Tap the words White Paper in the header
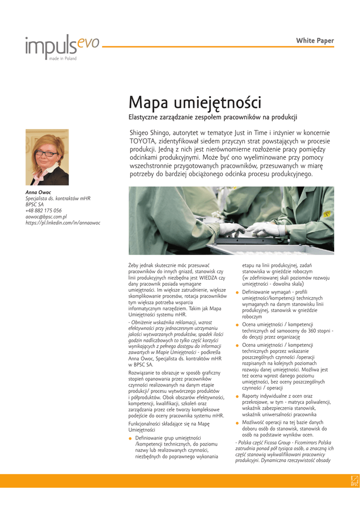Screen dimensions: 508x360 (x=315, y=41)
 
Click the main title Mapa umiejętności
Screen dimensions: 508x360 (x=195, y=103)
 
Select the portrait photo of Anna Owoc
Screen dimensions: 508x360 (x=47, y=157)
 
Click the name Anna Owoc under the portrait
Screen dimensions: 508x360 (x=38, y=192)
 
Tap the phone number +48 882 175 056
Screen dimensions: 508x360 (x=44, y=210)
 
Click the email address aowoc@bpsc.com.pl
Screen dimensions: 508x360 (x=46, y=217)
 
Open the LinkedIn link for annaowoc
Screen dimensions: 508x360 (x=63, y=223)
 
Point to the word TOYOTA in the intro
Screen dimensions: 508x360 (x=144, y=141)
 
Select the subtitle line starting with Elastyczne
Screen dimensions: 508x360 (x=213, y=117)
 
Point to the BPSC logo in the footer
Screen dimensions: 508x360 (x=354, y=480)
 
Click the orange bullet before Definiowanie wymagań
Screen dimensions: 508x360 (x=237, y=292)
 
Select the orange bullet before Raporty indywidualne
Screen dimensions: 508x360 (x=237, y=396)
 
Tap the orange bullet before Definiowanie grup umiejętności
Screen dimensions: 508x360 (x=130, y=439)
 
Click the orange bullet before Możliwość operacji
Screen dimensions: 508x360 (x=237, y=423)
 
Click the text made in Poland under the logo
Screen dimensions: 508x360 (x=63, y=59)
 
